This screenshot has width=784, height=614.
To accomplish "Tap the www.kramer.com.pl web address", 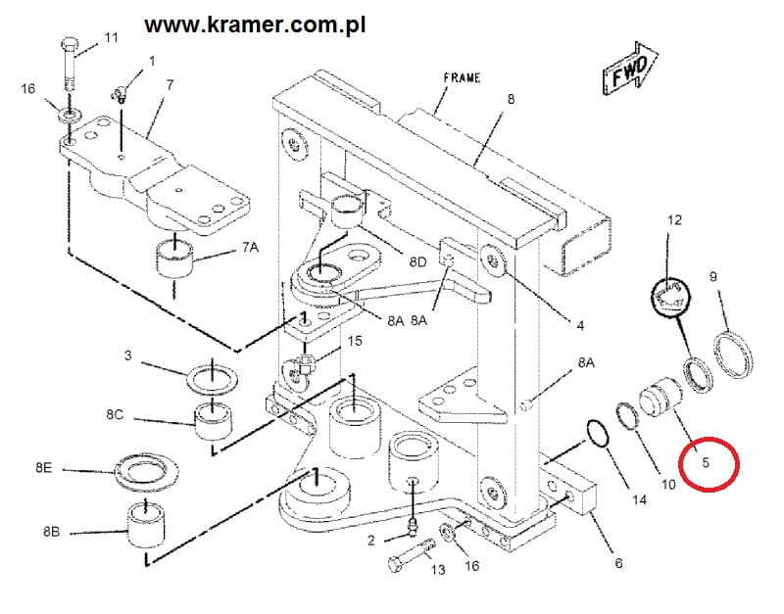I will tap(255, 24).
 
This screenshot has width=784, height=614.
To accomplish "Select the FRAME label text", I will tap(462, 77).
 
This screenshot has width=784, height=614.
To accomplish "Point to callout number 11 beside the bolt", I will tap(111, 38).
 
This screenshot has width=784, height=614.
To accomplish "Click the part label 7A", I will tap(250, 248).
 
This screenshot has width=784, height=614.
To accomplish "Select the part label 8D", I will tap(418, 261).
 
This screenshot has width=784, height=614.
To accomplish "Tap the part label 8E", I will tap(43, 468).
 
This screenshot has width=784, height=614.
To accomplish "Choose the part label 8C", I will tap(115, 415).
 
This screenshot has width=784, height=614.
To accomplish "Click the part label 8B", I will tap(52, 533).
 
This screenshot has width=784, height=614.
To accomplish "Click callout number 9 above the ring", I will tap(712, 277).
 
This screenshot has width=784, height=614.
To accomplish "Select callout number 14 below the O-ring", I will tap(639, 499).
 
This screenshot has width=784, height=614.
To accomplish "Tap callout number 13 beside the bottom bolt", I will tap(437, 569).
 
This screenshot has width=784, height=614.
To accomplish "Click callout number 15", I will tap(355, 341).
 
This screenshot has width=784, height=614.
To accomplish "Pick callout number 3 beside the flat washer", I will tap(127, 354).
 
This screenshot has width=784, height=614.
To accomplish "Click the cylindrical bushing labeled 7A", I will tap(173, 258).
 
